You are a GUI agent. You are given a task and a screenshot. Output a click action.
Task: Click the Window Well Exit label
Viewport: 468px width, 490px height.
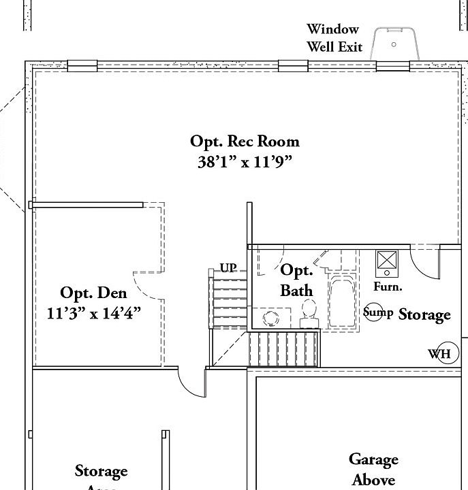(334, 38)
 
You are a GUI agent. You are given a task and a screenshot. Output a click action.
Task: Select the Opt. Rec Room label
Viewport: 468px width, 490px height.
(245, 142)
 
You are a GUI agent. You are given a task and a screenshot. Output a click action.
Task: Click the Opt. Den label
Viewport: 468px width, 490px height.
(93, 293)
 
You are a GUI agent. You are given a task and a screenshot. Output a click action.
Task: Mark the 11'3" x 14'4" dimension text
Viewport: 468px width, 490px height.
(93, 314)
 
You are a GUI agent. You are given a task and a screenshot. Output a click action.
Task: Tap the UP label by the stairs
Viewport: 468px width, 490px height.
(228, 268)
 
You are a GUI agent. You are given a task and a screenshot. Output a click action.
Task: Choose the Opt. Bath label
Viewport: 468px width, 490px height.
(297, 280)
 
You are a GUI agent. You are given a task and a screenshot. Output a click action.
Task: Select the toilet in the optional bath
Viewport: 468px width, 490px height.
(310, 310)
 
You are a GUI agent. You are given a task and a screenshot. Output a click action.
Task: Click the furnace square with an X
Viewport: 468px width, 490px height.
(388, 261)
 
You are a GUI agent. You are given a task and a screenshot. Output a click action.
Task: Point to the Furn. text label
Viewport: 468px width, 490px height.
(388, 287)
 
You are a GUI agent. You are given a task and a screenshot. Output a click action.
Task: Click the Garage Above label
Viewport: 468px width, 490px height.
(374, 470)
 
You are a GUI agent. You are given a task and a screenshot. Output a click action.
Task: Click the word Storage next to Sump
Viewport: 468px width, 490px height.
(424, 314)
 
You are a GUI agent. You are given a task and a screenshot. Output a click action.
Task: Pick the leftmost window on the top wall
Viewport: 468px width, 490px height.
(82, 66)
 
